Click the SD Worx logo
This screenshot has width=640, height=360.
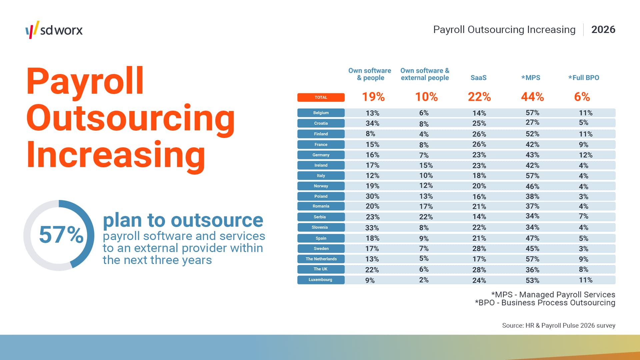coord(54,30)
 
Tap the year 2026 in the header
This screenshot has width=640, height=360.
coord(603,30)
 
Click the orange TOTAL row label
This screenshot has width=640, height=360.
coord(321,97)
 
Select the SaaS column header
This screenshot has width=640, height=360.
coord(478,78)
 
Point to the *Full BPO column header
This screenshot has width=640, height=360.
coord(583,78)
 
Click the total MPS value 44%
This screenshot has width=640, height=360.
coord(532,97)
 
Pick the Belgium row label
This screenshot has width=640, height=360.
coord(321,113)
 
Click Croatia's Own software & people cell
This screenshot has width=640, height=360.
coord(372,123)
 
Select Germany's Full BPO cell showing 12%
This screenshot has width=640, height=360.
coord(585,155)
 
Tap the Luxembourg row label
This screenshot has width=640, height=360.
coord(321,280)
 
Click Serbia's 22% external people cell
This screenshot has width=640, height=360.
coord(426,217)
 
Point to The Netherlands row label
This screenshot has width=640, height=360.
coord(321,259)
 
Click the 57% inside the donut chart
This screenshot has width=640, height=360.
coord(61,235)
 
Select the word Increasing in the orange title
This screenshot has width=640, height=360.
coord(116,155)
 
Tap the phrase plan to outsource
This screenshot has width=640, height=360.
coord(183,220)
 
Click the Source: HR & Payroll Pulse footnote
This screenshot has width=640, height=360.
coord(558,325)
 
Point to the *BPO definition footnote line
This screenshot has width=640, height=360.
coord(545,303)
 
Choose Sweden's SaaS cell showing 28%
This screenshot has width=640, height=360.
coord(479,249)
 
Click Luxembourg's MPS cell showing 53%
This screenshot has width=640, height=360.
coord(532,280)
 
